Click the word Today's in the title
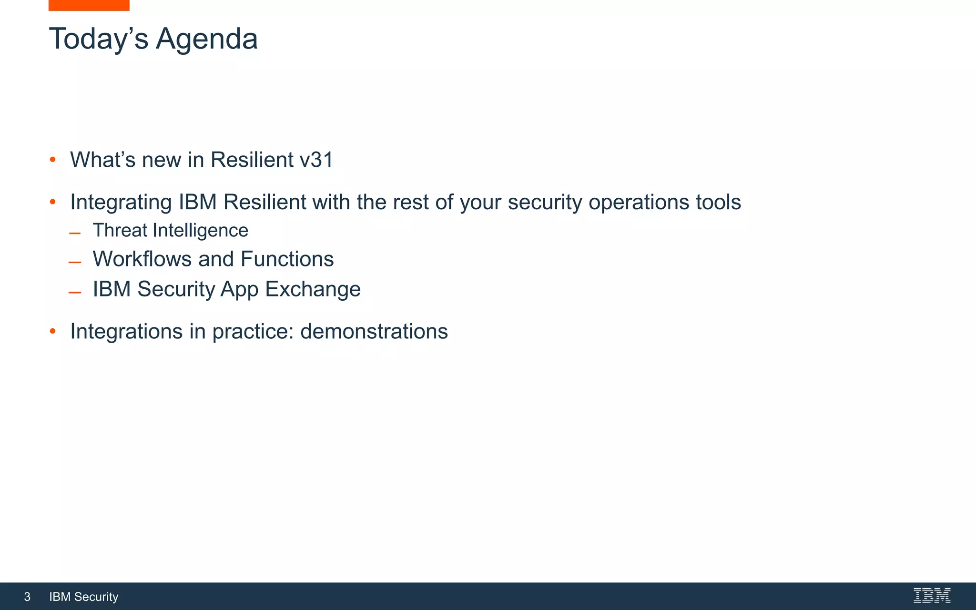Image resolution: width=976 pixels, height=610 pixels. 99,39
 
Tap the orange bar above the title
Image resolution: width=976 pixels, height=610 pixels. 89,5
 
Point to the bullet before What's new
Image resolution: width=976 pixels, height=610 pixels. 53,160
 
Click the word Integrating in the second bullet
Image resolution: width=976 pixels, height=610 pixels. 121,202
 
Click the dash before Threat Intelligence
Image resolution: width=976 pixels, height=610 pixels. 75,234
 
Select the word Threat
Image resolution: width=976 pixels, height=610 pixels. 120,231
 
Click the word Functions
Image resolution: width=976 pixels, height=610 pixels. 287,259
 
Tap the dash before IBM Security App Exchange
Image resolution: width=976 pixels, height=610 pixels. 75,292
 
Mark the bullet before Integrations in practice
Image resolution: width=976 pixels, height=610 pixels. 53,331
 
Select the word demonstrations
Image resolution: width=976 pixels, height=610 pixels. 374,331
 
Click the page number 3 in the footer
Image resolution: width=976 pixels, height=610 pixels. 27,597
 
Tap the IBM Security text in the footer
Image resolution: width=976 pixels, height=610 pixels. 84,597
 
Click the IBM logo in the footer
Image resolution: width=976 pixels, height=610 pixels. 932,596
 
